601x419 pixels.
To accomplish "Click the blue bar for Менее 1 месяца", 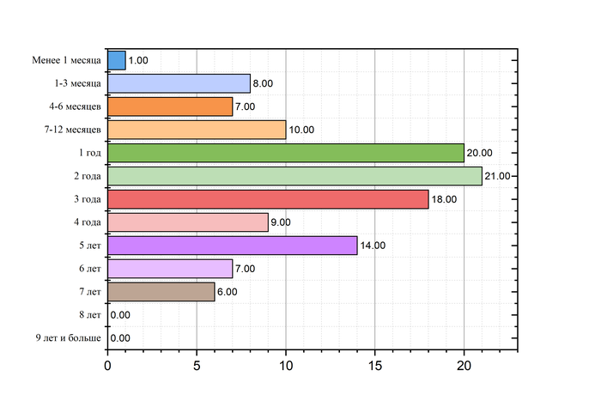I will (x=117, y=60).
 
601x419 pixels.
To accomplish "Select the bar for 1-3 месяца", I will (x=179, y=83).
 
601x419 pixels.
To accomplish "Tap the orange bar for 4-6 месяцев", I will (x=170, y=106).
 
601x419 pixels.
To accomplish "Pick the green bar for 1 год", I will (x=286, y=153).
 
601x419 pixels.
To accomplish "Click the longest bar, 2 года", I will (x=294, y=176).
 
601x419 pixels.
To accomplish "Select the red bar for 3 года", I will (x=268, y=199).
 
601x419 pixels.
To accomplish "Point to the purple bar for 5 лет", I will (x=232, y=246).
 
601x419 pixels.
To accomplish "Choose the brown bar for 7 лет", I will (x=161, y=292).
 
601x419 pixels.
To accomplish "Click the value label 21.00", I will (x=498, y=176).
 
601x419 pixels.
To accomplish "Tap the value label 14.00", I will (x=373, y=246).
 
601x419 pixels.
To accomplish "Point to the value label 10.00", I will (x=301, y=130).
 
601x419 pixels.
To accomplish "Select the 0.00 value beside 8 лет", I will (x=120, y=315).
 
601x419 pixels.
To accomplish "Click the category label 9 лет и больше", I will (x=68, y=338).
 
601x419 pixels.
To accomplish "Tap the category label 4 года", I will (x=88, y=222).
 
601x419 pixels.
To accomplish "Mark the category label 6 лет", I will (x=89, y=269).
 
